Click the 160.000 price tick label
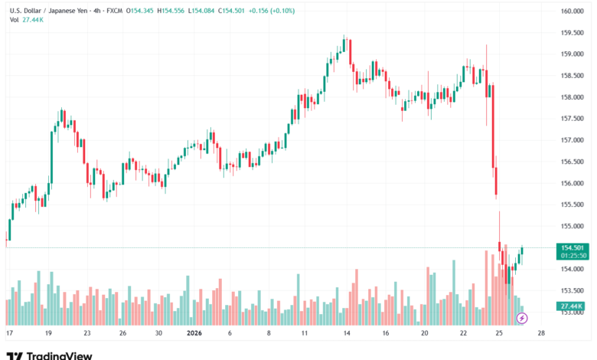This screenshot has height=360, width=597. tap(573, 11)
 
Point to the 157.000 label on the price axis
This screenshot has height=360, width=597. tap(573, 140)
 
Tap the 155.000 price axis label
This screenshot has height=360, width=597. tap(573, 227)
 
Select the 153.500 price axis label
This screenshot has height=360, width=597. tap(573, 291)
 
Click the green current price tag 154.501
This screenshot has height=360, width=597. tap(573, 247)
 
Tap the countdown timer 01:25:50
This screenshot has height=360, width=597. tap(573, 255)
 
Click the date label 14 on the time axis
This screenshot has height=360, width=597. tap(347, 334)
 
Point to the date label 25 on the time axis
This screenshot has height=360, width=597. tap(498, 334)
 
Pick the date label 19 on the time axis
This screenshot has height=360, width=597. tap(48, 334)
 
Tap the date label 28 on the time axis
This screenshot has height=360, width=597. tap(541, 334)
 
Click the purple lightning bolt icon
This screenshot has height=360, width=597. tap(523, 318)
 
